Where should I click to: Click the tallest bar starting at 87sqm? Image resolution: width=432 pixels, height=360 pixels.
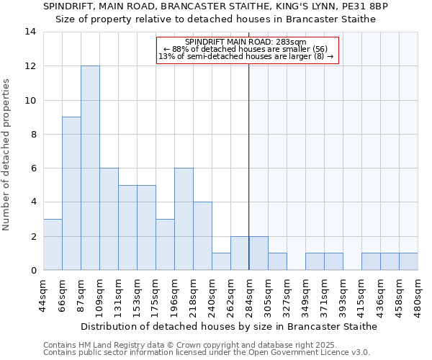[90, 168]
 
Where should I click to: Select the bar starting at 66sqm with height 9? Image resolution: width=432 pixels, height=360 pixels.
[71, 193]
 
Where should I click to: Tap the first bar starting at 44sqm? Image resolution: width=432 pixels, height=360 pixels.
[53, 244]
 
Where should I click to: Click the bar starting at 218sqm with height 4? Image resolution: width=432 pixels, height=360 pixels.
[202, 235]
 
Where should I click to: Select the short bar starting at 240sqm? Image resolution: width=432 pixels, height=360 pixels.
[221, 261]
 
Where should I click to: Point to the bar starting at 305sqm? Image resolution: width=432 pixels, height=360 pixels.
[277, 261]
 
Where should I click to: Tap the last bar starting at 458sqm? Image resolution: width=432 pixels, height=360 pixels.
[408, 261]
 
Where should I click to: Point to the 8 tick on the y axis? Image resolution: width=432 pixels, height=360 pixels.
[32, 135]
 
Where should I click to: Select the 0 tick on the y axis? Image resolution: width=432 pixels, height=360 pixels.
[32, 271]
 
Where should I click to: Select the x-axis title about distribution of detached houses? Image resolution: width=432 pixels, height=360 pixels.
[229, 326]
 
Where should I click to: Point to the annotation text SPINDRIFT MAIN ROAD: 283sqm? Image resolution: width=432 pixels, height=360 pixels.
[246, 42]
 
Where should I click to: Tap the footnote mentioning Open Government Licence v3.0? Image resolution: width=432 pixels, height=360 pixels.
[206, 353]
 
